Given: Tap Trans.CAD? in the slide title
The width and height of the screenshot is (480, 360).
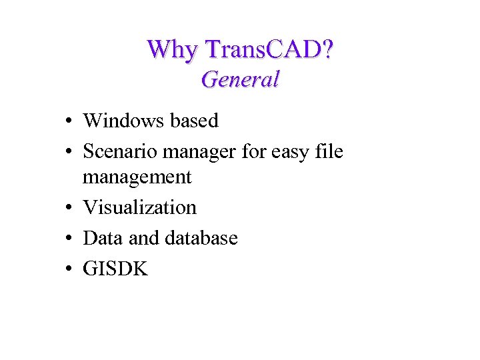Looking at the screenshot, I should [x=269, y=49].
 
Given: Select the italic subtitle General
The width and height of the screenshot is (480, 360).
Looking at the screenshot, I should [x=240, y=79].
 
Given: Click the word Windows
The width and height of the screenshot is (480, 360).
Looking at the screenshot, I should [x=123, y=121].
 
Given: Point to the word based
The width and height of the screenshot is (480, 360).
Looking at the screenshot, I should [x=194, y=121].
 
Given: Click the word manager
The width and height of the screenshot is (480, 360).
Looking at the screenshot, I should [x=199, y=153].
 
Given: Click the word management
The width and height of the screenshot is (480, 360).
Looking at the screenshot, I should [x=137, y=177].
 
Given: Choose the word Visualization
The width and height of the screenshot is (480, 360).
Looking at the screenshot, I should [x=139, y=207].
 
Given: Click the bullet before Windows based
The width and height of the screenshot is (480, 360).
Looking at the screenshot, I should [x=69, y=122].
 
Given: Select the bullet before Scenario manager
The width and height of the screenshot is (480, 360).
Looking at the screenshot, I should [x=69, y=153].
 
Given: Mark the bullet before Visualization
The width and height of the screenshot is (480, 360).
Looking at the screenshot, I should [x=69, y=209].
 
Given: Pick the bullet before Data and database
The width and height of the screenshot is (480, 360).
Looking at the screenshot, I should [x=69, y=239].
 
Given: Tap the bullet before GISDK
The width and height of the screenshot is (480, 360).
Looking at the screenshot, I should [x=69, y=270].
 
